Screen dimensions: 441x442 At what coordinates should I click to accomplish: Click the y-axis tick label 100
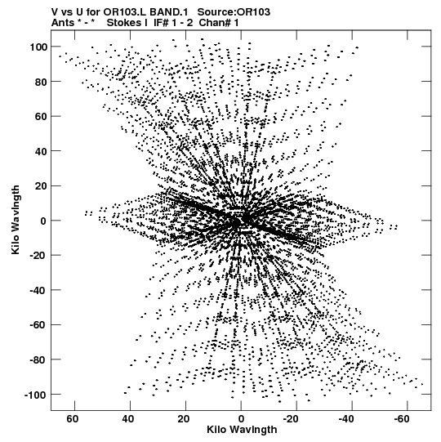point(38,47)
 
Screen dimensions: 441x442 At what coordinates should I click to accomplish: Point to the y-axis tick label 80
point(41,82)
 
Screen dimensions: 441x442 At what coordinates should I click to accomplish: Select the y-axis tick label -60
point(38,325)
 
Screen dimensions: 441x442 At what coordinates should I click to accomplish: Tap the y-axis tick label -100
point(35,395)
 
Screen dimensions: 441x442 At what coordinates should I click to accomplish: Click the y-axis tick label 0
point(43,221)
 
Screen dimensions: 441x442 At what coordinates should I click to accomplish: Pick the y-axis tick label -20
point(38,256)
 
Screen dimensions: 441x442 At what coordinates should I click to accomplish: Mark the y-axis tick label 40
point(41,151)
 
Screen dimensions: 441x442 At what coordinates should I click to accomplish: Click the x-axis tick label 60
point(73,419)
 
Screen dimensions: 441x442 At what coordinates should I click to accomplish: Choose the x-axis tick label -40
point(346,419)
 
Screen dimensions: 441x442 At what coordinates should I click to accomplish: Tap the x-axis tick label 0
point(241,419)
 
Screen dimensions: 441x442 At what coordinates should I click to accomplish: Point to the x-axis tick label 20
point(184,419)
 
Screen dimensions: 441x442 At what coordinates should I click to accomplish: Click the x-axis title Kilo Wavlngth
point(242,431)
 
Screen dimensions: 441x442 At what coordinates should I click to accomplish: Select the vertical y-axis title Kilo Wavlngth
point(16,220)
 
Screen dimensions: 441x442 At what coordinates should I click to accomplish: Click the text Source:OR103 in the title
point(234,12)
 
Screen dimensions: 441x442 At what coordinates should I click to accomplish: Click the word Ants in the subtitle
point(63,23)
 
